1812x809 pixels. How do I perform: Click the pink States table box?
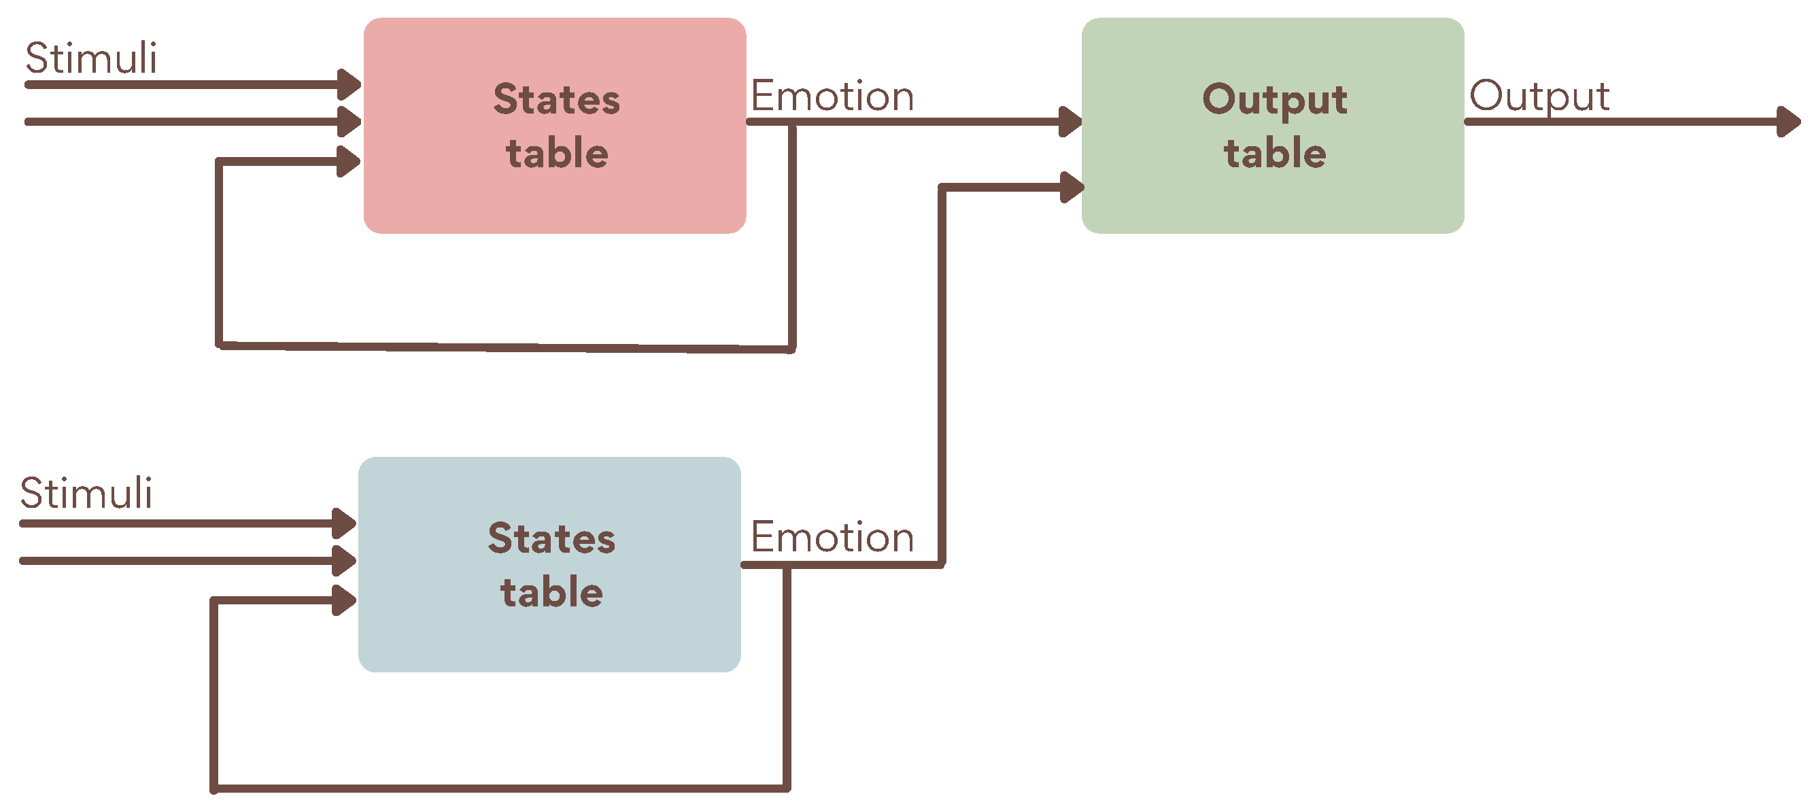click(554, 197)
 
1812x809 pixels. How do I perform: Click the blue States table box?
click(549, 636)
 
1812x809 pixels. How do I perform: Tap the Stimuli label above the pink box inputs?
click(90, 58)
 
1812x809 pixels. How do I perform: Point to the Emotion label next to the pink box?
click(832, 96)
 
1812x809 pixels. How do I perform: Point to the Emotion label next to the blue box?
click(832, 538)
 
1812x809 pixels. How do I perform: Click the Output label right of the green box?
click(1539, 96)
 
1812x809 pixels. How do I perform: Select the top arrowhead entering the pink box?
click(349, 84)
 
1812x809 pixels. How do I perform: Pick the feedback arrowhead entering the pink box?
click(348, 162)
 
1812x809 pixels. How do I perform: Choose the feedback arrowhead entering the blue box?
click(343, 600)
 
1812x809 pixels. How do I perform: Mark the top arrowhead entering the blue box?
click(343, 523)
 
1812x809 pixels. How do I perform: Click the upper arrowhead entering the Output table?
click(1070, 122)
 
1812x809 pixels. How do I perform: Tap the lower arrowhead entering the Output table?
click(1072, 187)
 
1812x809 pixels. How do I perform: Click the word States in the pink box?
click(556, 99)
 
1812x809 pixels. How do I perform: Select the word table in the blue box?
click(551, 592)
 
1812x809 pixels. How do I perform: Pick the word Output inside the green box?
click(1275, 99)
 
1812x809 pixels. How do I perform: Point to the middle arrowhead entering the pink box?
click(349, 122)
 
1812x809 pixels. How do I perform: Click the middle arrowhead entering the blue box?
click(343, 561)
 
